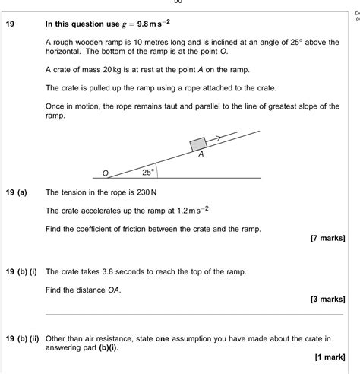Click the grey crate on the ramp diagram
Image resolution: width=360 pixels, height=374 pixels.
point(199,143)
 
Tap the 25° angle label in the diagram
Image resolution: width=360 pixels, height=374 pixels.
point(147,173)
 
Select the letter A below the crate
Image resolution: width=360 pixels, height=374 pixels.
point(201,155)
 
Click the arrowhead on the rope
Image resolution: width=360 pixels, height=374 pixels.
point(218,138)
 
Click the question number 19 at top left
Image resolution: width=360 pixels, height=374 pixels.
point(10,24)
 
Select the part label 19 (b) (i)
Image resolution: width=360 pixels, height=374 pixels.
point(22,271)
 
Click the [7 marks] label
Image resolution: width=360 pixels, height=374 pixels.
point(327,238)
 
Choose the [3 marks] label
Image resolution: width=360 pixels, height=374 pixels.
point(327,299)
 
